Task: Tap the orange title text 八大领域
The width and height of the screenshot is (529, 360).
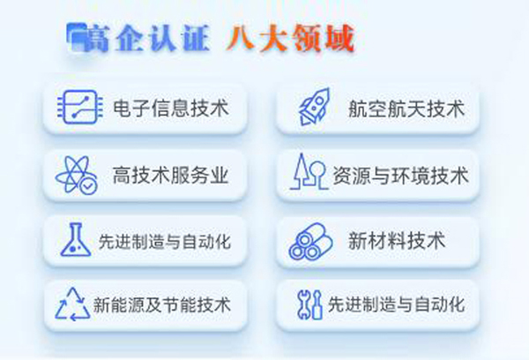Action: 291,38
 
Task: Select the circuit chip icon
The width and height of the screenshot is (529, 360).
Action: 80,107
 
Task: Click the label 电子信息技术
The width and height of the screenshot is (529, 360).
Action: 171,108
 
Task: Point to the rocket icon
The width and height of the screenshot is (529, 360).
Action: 315,107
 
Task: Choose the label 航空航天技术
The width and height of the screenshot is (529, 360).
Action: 406,109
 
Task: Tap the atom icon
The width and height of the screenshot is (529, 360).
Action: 77,175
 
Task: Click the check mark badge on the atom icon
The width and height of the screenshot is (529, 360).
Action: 88,186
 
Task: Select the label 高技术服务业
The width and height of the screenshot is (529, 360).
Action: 171,176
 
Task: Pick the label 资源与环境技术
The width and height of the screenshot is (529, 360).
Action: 401,176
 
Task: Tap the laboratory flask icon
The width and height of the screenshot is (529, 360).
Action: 76,239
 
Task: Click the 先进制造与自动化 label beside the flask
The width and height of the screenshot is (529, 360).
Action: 165,242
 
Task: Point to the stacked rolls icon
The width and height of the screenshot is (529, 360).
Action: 310,241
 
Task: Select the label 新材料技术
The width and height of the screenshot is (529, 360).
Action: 397,241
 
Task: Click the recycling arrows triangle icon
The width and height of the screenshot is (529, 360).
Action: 72,304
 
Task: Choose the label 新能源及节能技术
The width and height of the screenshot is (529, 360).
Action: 162,304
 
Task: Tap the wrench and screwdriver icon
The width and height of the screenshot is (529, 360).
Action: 309,304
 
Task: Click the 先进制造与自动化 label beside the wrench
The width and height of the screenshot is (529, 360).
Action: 397,304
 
